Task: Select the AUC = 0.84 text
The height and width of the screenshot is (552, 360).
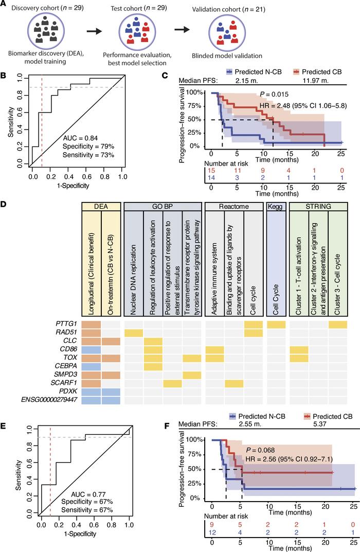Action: tap(78, 138)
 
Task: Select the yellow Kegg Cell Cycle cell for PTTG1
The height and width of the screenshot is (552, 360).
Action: tap(275, 322)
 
